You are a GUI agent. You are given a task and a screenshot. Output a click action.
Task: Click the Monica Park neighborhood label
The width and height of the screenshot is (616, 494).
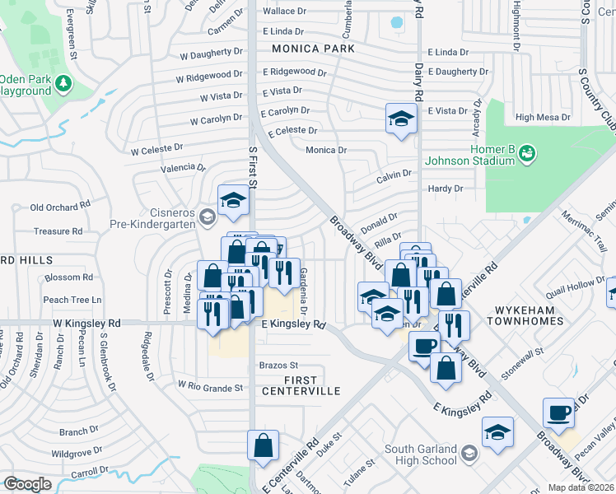(x=309, y=49)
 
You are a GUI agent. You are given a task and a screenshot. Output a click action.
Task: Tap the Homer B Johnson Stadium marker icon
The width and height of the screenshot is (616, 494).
(x=528, y=152)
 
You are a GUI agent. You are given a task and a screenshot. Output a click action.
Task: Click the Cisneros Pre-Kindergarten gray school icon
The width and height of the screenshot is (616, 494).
(x=207, y=217)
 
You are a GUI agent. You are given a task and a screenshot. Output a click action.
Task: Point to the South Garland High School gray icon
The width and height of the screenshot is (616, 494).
(x=469, y=453)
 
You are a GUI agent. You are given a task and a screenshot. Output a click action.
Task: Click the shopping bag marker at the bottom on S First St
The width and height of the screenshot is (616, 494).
(x=262, y=445)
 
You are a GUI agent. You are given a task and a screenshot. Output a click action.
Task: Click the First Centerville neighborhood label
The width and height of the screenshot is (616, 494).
(x=301, y=385)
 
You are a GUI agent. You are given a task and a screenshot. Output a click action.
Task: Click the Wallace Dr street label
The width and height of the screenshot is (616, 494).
(x=284, y=12)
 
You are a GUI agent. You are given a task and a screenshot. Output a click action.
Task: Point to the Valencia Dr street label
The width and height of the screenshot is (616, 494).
(x=183, y=167)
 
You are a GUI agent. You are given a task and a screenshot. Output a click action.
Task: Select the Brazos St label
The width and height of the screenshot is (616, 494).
(x=278, y=365)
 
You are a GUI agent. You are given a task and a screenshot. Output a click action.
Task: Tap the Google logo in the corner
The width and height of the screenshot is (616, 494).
(x=27, y=484)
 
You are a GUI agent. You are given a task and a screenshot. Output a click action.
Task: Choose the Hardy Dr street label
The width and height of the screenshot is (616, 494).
(x=446, y=189)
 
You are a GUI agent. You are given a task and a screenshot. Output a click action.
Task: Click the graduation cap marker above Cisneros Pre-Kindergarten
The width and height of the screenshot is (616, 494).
(x=233, y=200)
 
